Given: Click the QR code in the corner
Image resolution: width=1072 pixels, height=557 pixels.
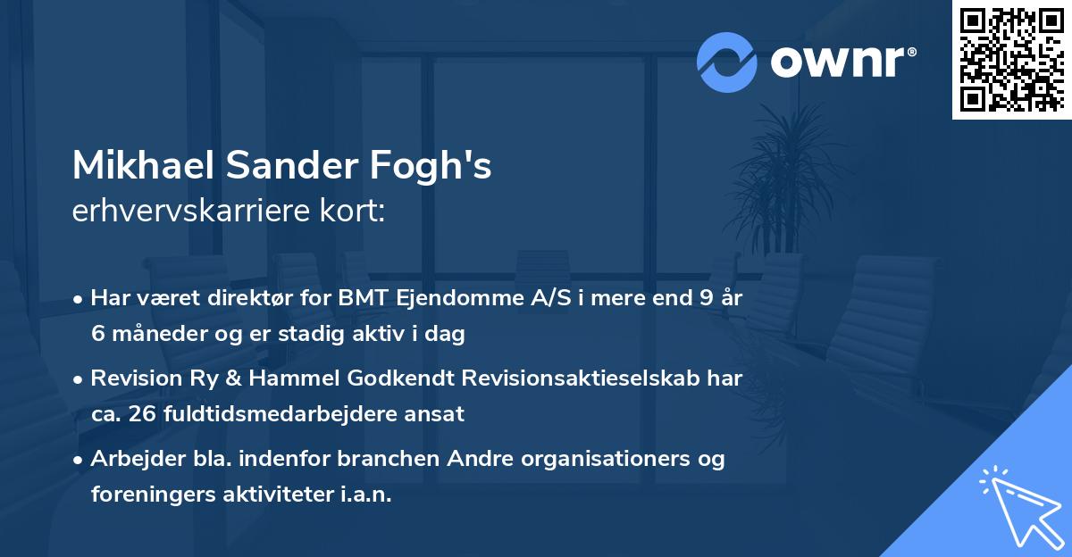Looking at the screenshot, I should click(x=1011, y=59).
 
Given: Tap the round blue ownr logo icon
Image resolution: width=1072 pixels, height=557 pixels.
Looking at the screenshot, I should click(x=727, y=62).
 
